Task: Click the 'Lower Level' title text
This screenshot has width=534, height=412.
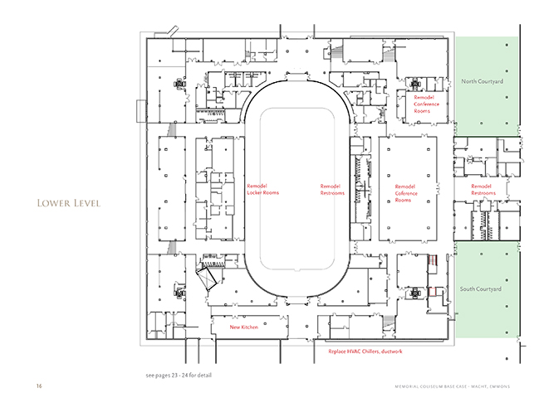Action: pyautogui.click(x=66, y=203)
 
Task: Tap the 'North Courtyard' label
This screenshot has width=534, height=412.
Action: pyautogui.click(x=483, y=82)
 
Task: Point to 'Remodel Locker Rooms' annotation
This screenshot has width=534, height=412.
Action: pyautogui.click(x=263, y=189)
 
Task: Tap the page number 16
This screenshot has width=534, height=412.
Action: pyautogui.click(x=38, y=387)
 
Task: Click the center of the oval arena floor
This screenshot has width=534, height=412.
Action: pyautogui.click(x=296, y=191)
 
